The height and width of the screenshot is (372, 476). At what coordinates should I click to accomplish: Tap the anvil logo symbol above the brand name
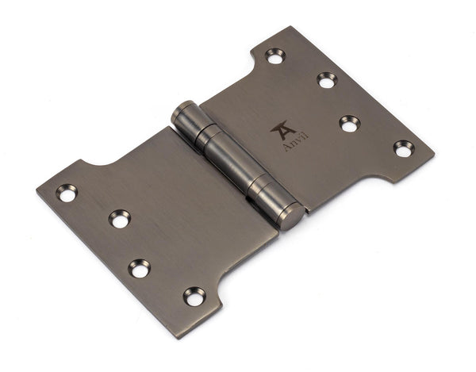click(283, 129)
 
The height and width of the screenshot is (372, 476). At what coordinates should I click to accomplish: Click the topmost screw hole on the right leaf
click(275, 56)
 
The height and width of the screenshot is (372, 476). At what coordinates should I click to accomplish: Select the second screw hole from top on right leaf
click(327, 80)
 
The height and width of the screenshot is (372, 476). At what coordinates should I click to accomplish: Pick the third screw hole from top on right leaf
click(349, 123)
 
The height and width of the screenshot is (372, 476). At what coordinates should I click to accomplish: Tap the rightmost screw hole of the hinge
click(404, 148)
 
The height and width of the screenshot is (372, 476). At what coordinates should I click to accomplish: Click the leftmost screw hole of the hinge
click(67, 193)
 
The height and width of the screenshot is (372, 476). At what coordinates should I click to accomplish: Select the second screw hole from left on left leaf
click(120, 218)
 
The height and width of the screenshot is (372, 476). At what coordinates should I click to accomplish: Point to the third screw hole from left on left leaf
click(140, 268)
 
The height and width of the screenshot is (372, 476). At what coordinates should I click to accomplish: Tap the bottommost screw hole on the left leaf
click(194, 296)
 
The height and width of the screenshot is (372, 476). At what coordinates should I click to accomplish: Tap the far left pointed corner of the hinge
click(36, 190)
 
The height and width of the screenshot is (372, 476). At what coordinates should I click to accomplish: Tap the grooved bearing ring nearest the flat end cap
click(265, 193)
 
